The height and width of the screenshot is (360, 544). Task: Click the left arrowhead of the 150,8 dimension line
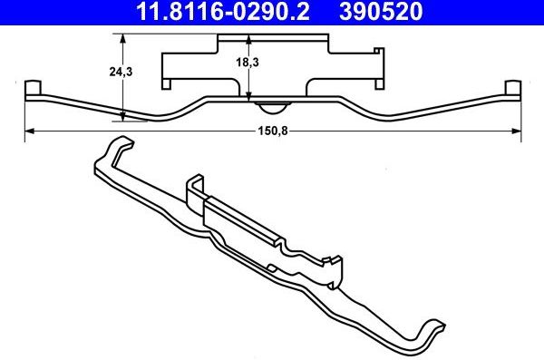click(x=27, y=132)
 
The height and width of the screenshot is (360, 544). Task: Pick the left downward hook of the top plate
click(x=168, y=84)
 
